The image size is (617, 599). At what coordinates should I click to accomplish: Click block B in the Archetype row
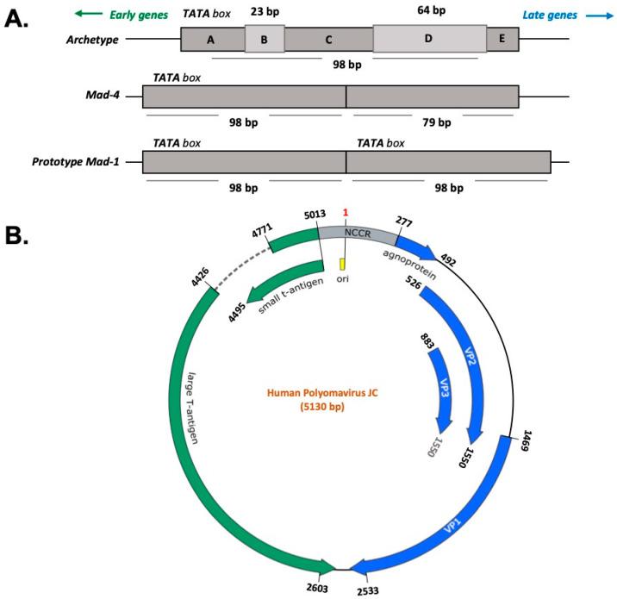coord(265,39)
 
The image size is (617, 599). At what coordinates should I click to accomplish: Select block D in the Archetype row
coord(429,39)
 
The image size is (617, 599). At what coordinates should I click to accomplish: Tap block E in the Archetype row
coord(502,39)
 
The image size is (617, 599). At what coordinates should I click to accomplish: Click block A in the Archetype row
coord(212,39)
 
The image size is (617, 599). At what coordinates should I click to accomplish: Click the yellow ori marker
coord(342,263)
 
